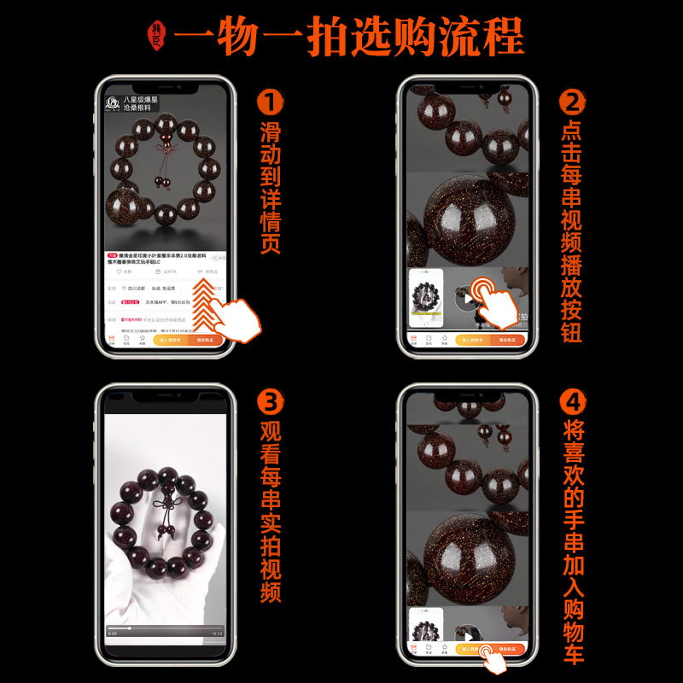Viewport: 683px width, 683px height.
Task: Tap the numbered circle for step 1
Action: click(270, 103)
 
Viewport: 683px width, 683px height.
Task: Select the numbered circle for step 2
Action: click(573, 103)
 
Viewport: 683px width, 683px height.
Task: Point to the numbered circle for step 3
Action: click(270, 400)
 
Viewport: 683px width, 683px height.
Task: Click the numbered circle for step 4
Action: click(573, 400)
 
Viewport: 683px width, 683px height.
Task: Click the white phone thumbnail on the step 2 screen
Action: click(426, 299)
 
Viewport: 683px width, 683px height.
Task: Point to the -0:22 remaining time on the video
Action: click(216, 633)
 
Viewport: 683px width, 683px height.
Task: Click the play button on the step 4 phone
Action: click(466, 635)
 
